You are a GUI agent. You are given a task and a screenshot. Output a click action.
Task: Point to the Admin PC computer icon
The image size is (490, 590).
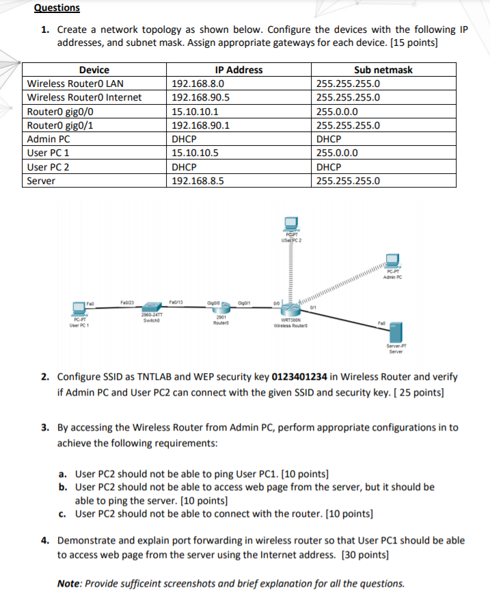[392, 261]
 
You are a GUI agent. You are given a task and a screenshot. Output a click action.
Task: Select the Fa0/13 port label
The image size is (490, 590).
[176, 301]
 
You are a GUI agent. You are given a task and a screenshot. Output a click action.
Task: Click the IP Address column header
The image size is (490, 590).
[239, 70]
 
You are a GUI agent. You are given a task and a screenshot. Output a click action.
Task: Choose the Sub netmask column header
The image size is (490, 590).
[383, 70]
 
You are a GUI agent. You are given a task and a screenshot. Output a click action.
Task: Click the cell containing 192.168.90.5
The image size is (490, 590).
[200, 97]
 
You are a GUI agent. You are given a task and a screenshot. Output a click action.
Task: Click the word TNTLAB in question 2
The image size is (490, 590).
[160, 377]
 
